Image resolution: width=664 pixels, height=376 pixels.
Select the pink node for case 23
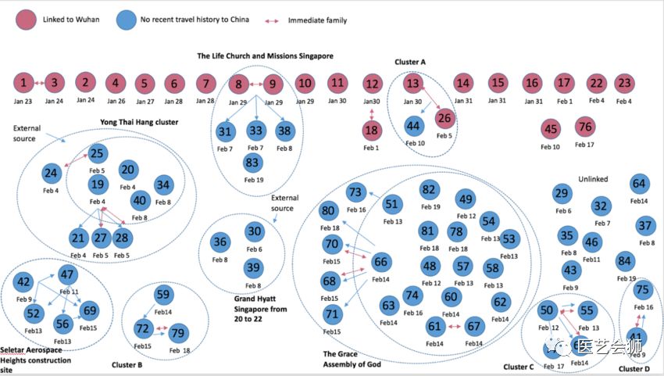click(624, 82)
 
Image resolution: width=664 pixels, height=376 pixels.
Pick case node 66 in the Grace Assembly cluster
click(381, 262)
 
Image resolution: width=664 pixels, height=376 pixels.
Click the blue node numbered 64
click(639, 184)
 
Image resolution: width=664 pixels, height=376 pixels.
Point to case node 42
click(24, 282)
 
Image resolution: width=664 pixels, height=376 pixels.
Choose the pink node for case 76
click(585, 127)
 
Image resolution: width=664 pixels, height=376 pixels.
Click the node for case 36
click(220, 242)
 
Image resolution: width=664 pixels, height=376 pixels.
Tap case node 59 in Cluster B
click(163, 295)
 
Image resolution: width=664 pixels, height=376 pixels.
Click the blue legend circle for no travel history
click(125, 20)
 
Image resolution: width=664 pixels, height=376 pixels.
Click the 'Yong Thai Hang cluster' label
click(139, 122)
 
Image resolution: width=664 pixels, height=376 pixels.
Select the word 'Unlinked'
click(592, 179)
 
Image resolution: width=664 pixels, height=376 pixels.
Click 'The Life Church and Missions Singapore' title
click(265, 56)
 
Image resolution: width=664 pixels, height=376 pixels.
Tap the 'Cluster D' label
click(634, 368)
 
